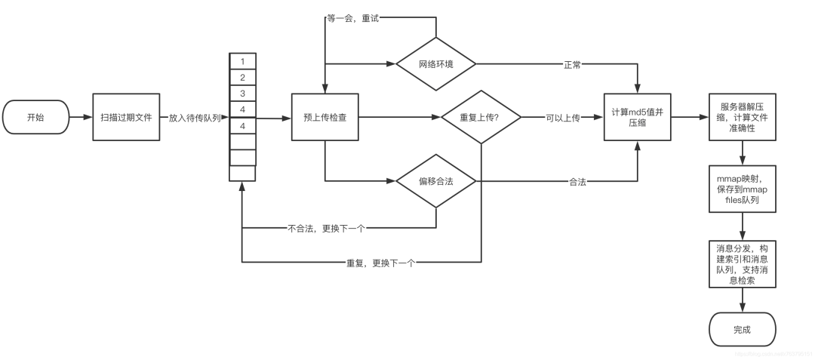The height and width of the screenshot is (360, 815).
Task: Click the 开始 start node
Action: (35, 118)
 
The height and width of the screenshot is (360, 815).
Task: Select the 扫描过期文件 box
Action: (126, 118)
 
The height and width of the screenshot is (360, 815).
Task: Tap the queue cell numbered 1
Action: (242, 61)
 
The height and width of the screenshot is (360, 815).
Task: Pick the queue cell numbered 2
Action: (242, 78)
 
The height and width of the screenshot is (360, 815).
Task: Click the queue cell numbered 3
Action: (242, 94)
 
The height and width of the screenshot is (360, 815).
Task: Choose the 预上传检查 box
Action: (324, 118)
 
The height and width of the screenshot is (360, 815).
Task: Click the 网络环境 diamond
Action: (436, 63)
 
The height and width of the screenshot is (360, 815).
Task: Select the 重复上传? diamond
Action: (480, 118)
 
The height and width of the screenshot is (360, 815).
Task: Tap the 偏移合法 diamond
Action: (436, 181)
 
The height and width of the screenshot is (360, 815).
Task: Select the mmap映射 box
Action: (743, 189)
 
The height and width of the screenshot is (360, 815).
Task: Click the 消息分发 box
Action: (743, 263)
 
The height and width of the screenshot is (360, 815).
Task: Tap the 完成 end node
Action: (743, 331)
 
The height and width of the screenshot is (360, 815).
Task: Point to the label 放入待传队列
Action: (195, 118)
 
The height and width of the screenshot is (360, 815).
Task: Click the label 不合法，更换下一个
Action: (325, 226)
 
